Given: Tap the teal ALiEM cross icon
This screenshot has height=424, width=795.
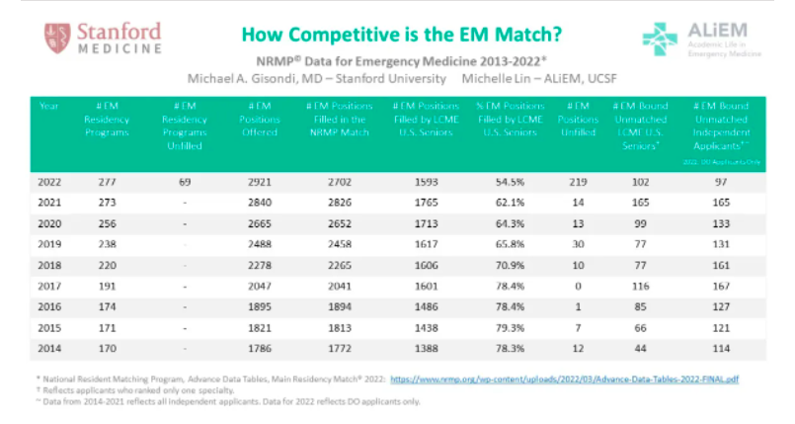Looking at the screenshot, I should [660, 39].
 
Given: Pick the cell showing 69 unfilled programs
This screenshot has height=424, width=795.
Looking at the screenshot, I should [185, 183].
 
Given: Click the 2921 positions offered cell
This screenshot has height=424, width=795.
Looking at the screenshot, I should [259, 183].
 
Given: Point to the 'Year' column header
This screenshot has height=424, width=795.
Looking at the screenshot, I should [48, 105].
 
